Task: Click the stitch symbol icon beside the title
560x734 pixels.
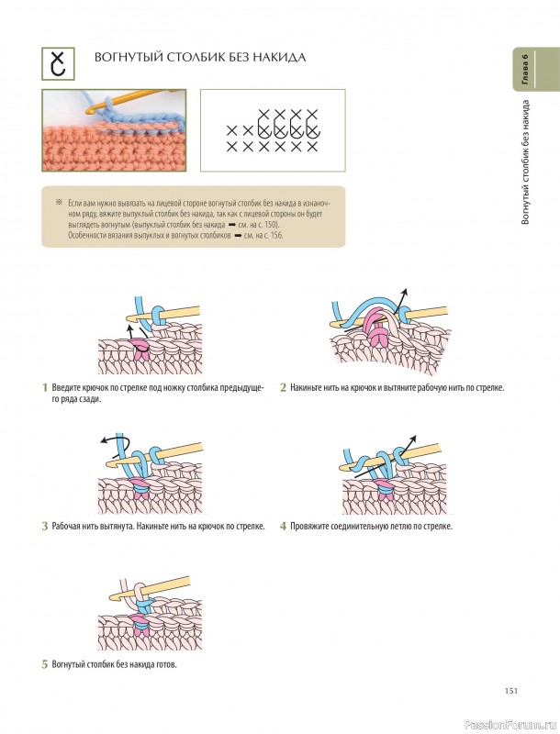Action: [58, 63]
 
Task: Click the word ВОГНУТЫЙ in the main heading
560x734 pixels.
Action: [128, 58]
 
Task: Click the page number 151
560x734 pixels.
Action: [510, 691]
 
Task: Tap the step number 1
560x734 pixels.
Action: [45, 387]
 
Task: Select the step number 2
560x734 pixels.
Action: [284, 387]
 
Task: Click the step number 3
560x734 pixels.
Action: [45, 526]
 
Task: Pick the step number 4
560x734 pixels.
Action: [284, 526]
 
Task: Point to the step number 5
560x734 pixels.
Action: [45, 664]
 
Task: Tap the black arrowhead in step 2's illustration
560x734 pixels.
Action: [405, 292]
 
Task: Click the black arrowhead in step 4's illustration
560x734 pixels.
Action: [412, 439]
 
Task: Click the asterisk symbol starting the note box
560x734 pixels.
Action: [59, 203]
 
